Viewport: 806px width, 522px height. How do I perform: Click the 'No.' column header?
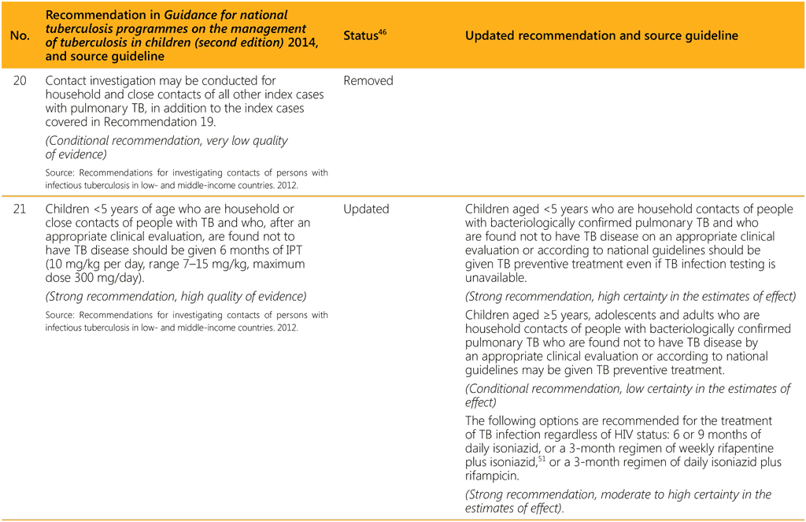pos(18,36)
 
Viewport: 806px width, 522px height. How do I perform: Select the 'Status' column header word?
pos(360,36)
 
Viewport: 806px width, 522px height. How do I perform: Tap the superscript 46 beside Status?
pos(383,32)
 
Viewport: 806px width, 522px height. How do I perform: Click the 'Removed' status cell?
pos(368,80)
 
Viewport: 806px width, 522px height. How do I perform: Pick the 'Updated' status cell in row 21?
pos(367,209)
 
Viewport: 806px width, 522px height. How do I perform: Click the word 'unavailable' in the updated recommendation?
pos(499,278)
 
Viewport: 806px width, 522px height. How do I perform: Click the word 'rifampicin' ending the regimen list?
pos(496,476)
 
